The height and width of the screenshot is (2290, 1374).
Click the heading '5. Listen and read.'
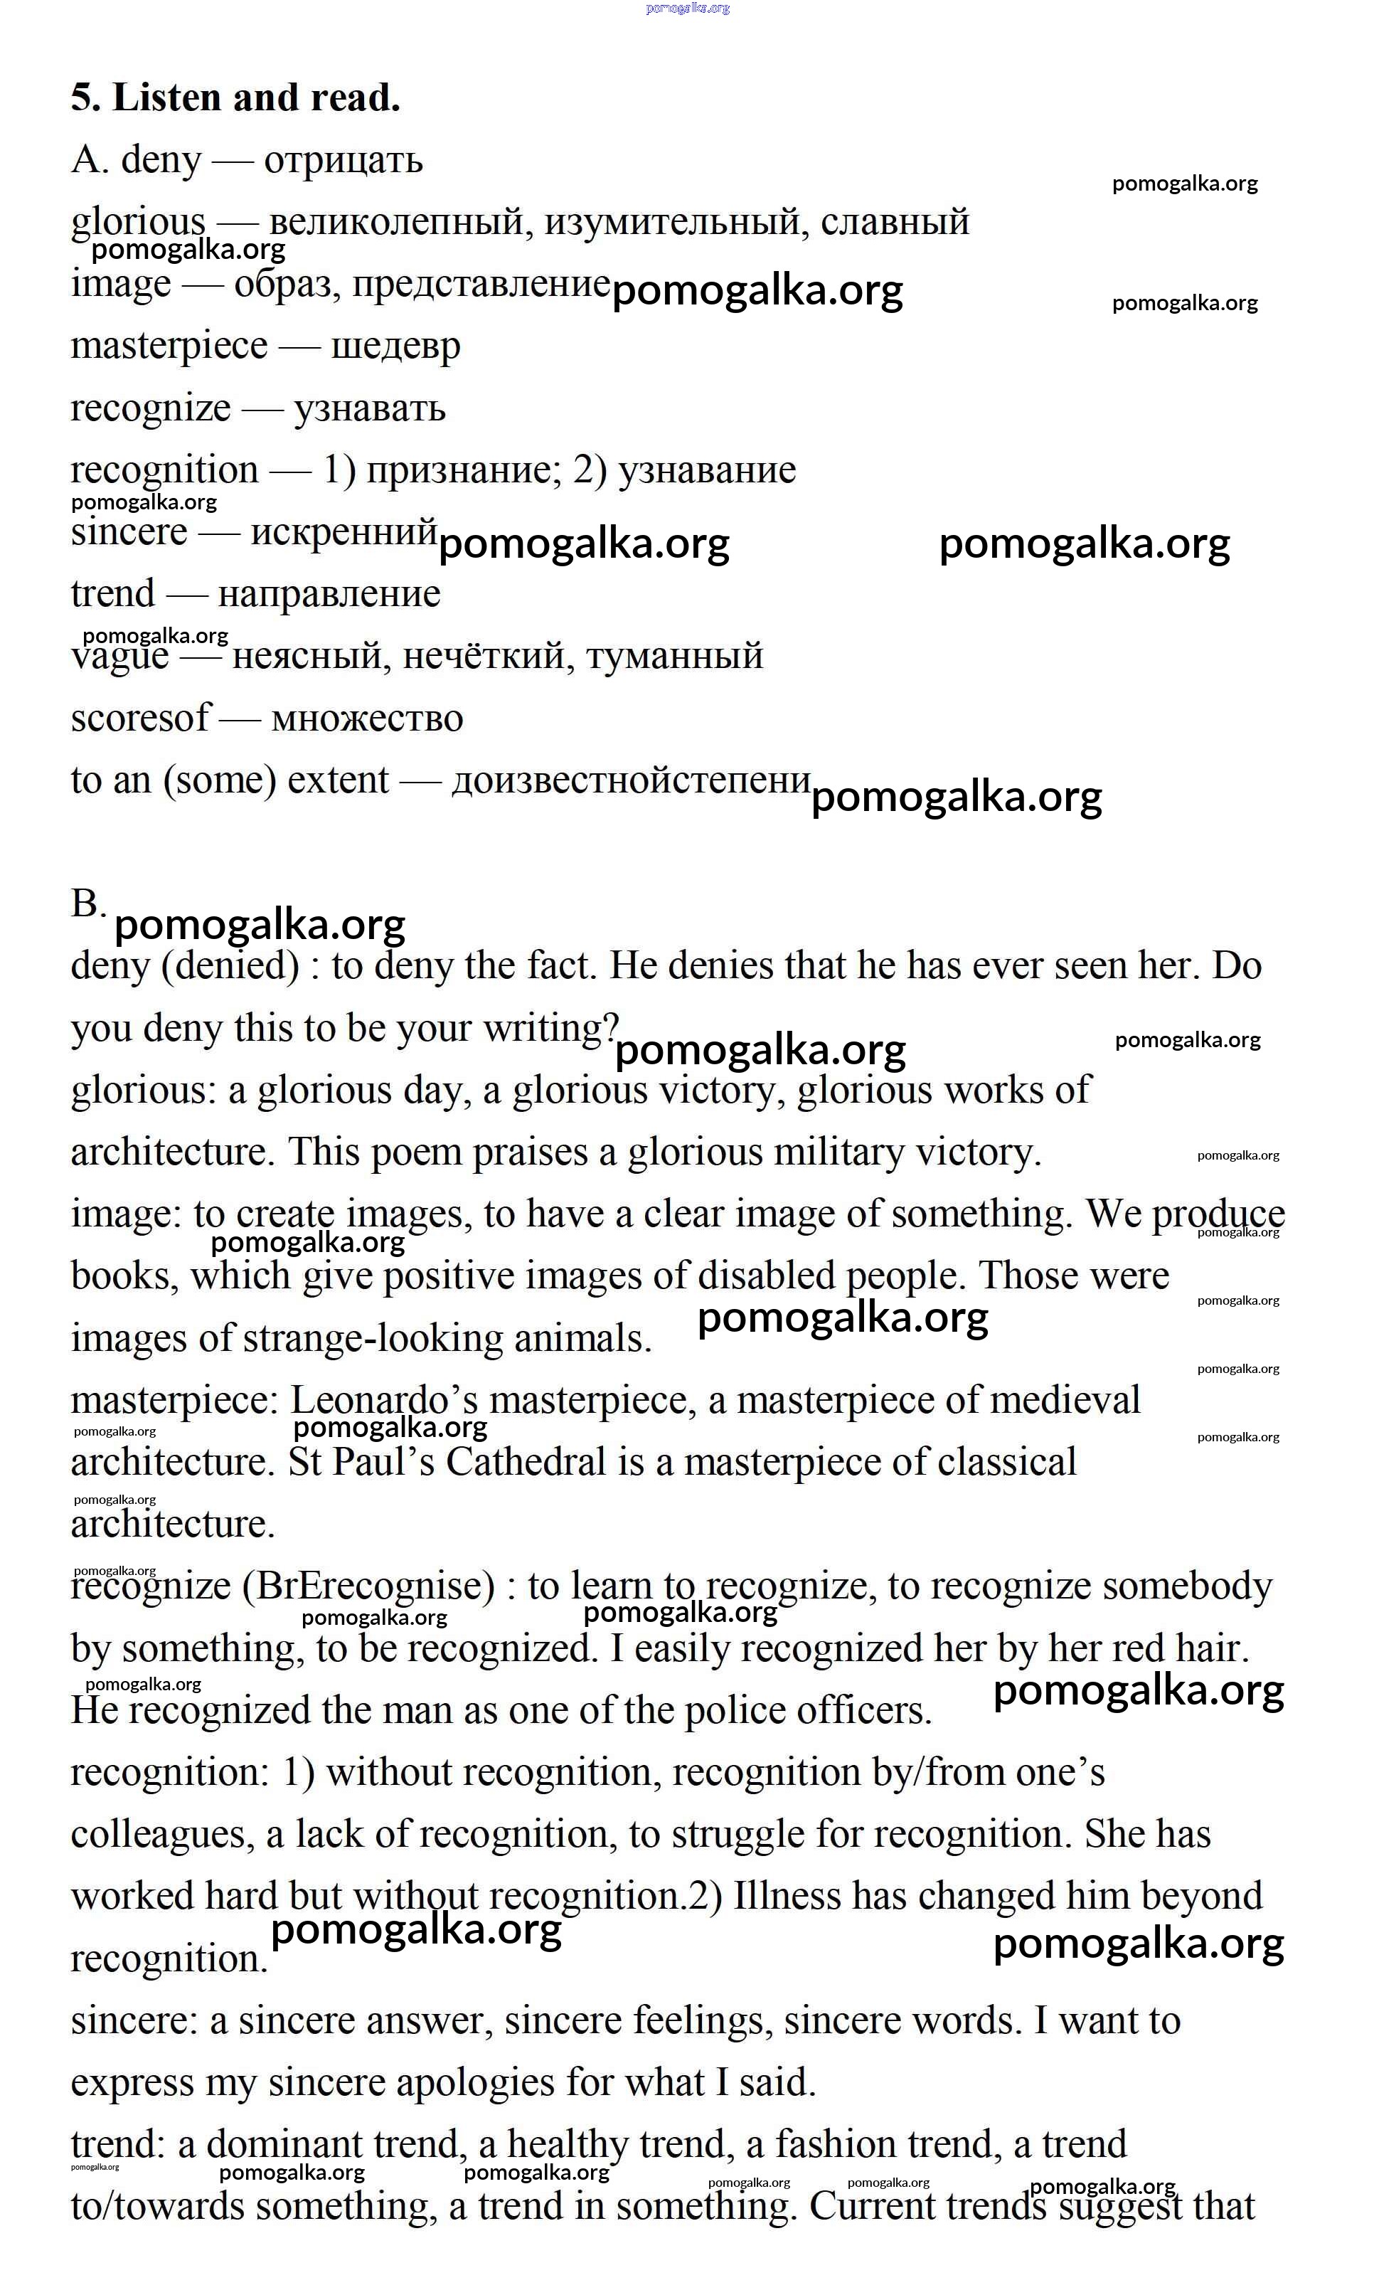235,98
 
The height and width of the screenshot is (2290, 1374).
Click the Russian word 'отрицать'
343,161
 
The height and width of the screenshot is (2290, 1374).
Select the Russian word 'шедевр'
395,347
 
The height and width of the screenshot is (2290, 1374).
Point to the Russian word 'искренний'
343,532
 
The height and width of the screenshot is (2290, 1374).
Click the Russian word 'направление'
329,595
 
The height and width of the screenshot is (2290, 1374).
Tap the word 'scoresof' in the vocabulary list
141,719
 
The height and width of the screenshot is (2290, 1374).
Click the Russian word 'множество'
367,719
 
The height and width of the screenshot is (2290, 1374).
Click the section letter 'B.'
88,903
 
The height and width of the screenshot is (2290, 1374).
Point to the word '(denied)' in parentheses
230,967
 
